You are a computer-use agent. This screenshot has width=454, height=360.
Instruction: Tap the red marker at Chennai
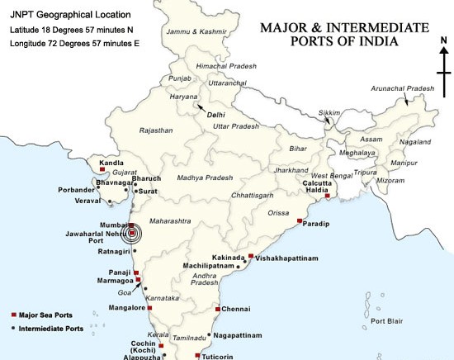click(x=216, y=309)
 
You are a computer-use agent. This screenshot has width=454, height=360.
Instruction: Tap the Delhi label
click(x=217, y=115)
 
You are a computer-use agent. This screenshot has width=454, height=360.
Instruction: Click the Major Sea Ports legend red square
click(x=13, y=315)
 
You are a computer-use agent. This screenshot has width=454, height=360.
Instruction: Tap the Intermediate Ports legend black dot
click(x=13, y=328)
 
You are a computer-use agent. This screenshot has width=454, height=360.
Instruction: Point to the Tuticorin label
click(x=221, y=356)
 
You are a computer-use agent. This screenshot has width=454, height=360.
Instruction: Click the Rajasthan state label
click(x=157, y=130)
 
